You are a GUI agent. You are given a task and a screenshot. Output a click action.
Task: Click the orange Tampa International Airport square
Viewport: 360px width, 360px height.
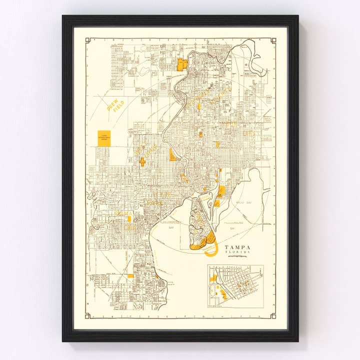103,137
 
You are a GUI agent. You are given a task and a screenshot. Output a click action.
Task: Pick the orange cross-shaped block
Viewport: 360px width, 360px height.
142,161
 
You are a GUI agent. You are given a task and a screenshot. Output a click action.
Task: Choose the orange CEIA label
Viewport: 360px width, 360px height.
131,226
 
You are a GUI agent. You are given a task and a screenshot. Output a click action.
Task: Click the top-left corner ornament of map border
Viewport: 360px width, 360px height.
87,40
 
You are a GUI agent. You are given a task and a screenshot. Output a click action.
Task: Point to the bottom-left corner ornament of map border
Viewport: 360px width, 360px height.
87,315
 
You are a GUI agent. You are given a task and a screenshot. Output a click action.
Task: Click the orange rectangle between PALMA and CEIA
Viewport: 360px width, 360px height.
129,218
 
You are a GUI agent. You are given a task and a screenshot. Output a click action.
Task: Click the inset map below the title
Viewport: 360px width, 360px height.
235,286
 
